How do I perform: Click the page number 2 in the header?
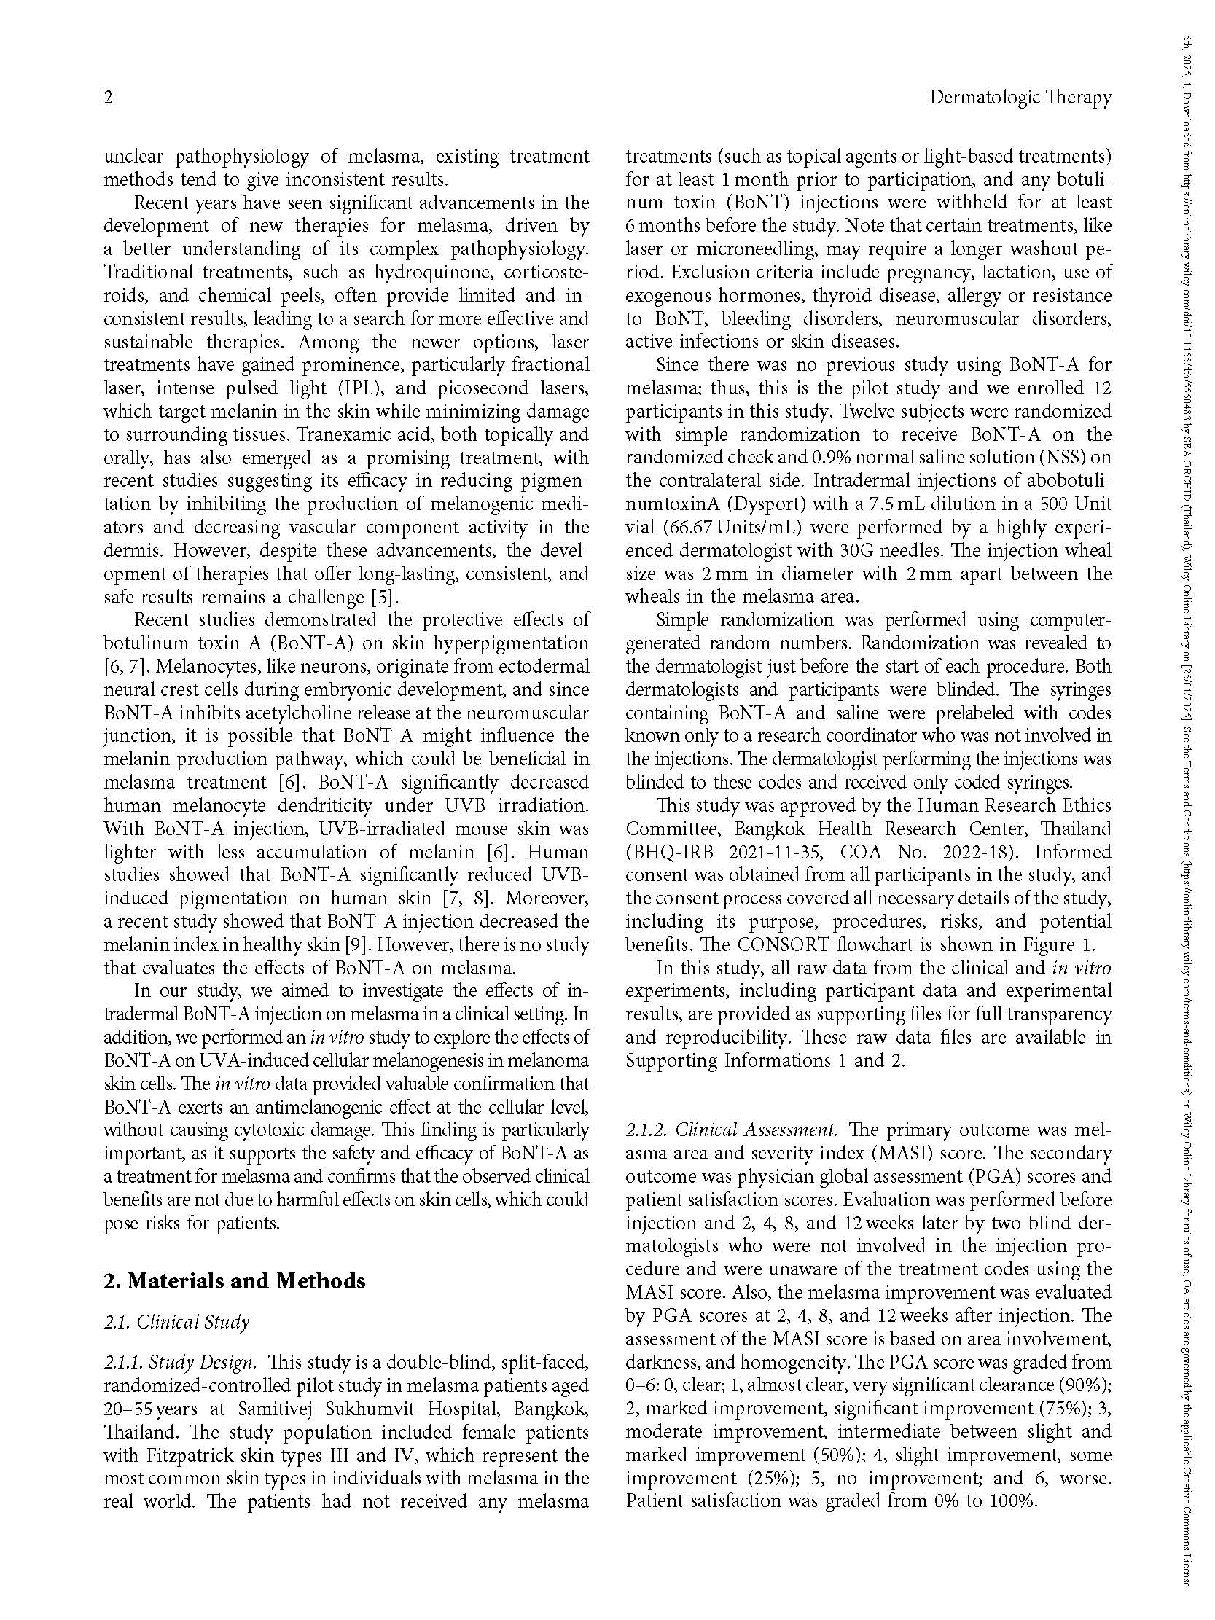coord(109,98)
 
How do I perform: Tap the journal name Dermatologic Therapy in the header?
coord(1020,98)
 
